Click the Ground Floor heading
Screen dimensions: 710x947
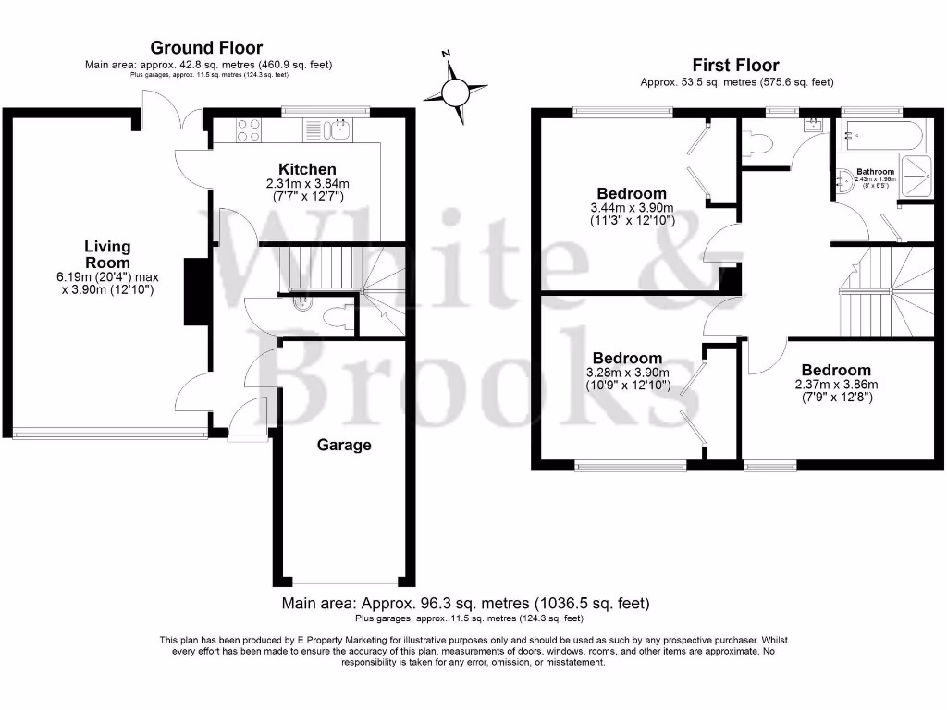[x=206, y=47]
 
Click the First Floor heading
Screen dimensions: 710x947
[x=735, y=65]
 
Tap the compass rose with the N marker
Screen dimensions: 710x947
[x=455, y=92]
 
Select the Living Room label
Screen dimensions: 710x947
[x=107, y=254]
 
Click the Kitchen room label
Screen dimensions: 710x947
[x=308, y=169]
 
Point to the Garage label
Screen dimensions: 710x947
[x=344, y=445]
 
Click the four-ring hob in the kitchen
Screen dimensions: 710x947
[x=248, y=129]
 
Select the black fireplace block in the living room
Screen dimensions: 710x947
[x=195, y=291]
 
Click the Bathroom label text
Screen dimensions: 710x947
[x=875, y=172]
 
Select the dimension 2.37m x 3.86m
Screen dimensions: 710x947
[x=836, y=385]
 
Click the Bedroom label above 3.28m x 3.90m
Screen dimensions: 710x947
[x=627, y=358]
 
